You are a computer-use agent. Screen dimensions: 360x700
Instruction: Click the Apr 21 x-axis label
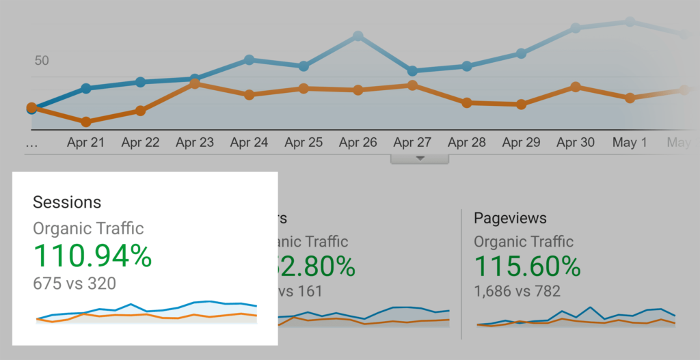click(x=85, y=143)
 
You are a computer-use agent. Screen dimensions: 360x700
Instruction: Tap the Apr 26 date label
click(x=358, y=143)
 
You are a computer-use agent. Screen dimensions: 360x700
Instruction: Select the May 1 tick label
click(x=630, y=143)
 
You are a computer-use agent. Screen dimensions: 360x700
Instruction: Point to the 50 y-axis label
click(x=42, y=61)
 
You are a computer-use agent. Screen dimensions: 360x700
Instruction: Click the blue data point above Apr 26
click(x=358, y=36)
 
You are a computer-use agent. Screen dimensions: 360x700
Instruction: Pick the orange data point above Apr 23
click(x=195, y=83)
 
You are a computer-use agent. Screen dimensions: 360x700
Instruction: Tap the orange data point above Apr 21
click(x=86, y=122)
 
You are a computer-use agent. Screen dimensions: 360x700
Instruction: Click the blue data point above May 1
click(x=630, y=22)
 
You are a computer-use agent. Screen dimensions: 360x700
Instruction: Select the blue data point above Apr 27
click(x=412, y=70)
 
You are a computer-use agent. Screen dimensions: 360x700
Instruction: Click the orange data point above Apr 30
click(x=576, y=87)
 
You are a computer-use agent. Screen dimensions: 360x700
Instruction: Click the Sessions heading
click(x=67, y=202)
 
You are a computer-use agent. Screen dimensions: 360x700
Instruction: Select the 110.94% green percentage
click(x=92, y=256)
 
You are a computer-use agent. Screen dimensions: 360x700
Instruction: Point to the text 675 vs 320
click(x=75, y=283)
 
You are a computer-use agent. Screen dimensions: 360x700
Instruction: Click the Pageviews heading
click(x=510, y=218)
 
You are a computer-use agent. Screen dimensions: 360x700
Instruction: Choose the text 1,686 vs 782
click(x=517, y=292)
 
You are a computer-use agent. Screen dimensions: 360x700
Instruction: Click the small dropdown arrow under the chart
click(x=420, y=158)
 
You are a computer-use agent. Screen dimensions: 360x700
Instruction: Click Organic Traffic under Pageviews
click(x=524, y=241)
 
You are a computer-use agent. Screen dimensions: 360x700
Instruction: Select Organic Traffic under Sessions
click(x=89, y=228)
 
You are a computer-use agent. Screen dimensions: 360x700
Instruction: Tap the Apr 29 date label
click(x=521, y=143)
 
